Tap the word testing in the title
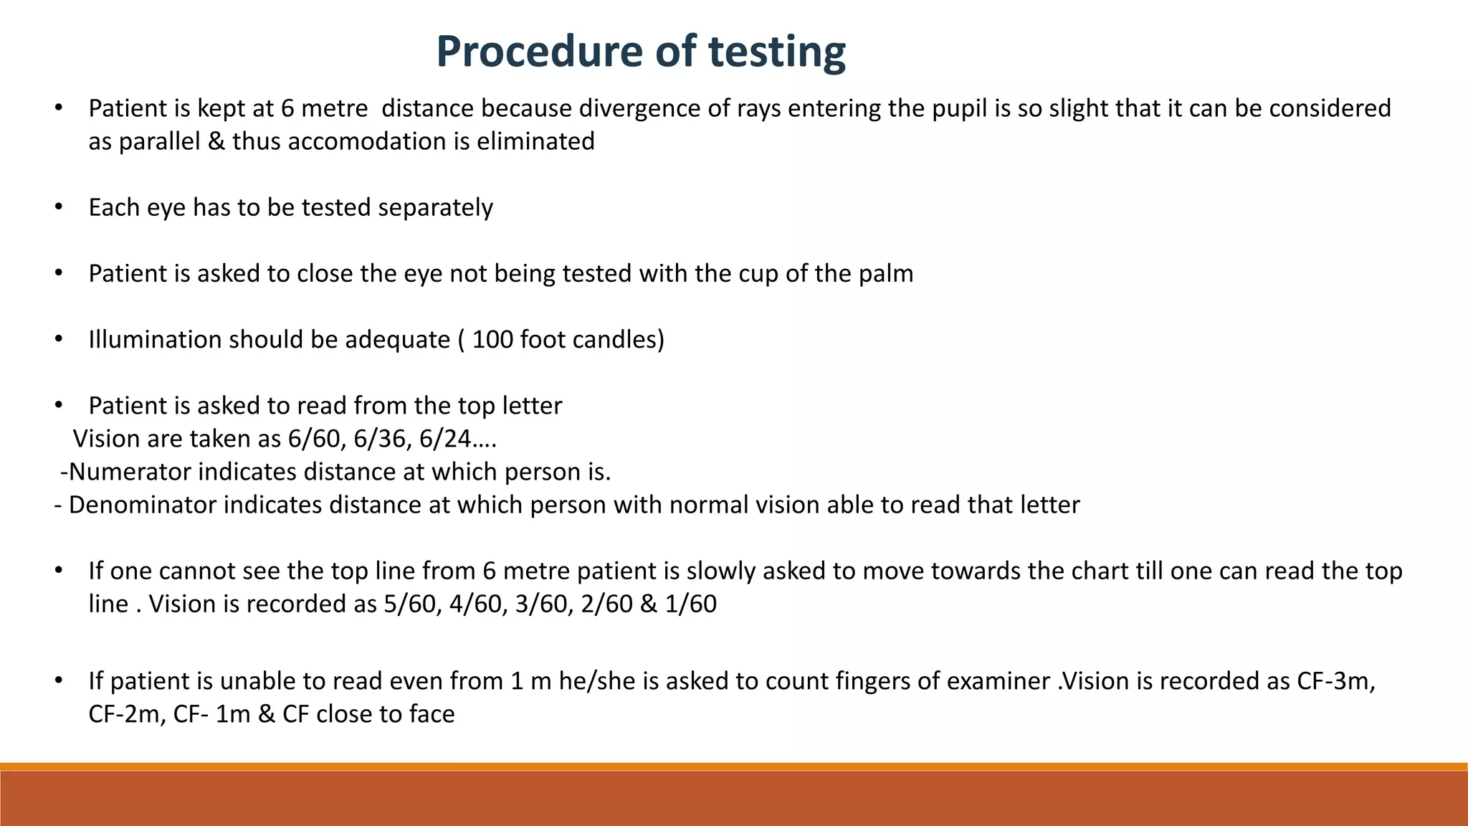click(x=777, y=52)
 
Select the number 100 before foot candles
click(x=493, y=339)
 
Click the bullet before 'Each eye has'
click(x=59, y=207)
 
